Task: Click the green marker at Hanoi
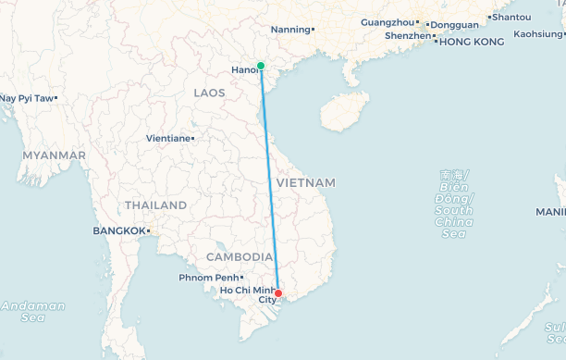click(261, 66)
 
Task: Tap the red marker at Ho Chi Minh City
click(278, 294)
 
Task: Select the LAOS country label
click(208, 93)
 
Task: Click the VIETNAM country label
click(305, 182)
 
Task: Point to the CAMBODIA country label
click(239, 256)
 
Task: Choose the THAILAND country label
click(155, 205)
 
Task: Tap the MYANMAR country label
click(55, 155)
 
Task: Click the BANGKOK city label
click(119, 230)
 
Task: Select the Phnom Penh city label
click(209, 278)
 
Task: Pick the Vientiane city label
click(167, 139)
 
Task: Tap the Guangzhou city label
click(388, 21)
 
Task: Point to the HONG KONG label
click(472, 42)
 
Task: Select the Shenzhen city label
click(407, 36)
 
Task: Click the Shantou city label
click(511, 17)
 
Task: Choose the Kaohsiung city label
click(538, 33)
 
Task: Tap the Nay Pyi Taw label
click(26, 97)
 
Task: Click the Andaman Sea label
click(33, 311)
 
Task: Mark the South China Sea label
click(454, 204)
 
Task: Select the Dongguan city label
click(456, 24)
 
